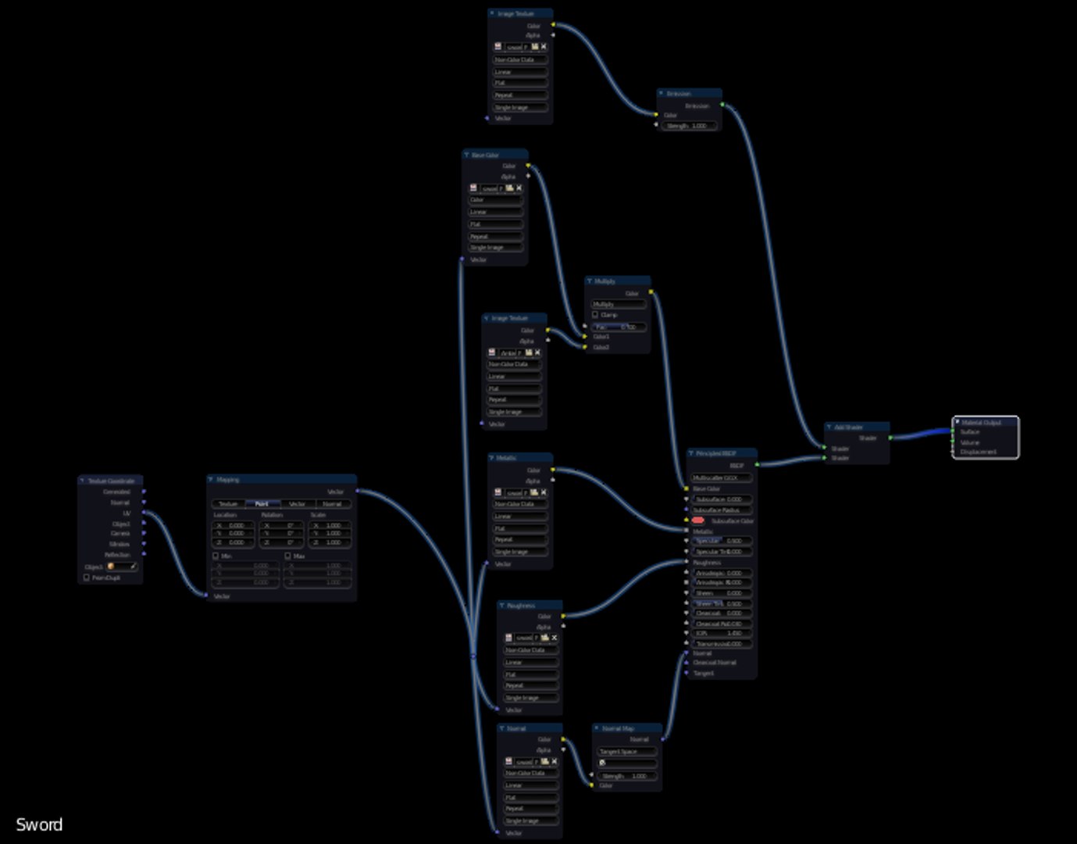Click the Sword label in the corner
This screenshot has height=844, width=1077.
pos(39,824)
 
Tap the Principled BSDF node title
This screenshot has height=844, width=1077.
pos(716,453)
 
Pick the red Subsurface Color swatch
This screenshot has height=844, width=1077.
pos(697,520)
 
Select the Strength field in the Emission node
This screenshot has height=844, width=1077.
pos(688,126)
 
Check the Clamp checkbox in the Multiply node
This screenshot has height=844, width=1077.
pos(595,315)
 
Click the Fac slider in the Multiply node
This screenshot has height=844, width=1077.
pos(618,327)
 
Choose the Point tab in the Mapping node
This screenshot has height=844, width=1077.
pos(262,504)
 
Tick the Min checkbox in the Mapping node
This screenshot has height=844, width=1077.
pos(216,556)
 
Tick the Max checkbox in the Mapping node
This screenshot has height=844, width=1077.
pos(287,556)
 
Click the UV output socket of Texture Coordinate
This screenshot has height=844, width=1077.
pos(144,513)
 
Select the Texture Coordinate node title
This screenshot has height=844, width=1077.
pos(111,481)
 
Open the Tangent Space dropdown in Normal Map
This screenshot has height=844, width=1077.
pos(627,752)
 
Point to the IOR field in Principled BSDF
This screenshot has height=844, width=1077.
pos(722,634)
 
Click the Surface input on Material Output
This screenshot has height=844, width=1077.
pos(954,432)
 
